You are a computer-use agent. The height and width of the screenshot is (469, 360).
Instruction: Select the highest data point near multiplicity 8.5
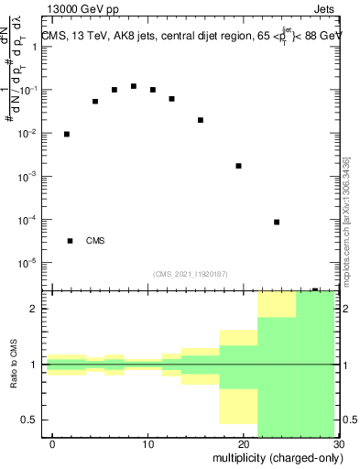(134, 86)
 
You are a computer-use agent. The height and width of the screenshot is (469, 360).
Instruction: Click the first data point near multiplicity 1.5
(67, 134)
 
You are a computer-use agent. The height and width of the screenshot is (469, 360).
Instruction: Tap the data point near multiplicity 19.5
(238, 166)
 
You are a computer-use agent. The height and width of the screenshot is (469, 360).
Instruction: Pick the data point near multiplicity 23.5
(277, 222)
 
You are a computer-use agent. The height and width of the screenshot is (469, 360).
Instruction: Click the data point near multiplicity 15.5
(201, 120)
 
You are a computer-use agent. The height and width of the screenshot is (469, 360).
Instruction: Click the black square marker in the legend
(71, 241)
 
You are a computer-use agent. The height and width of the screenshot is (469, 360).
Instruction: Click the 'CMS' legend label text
(95, 241)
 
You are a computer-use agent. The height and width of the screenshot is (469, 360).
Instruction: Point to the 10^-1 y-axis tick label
(29, 91)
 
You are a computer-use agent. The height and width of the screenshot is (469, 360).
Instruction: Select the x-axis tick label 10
(147, 444)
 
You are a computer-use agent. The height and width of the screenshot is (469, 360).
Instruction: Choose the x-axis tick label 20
(243, 444)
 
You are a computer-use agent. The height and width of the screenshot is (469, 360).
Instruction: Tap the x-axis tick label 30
(337, 444)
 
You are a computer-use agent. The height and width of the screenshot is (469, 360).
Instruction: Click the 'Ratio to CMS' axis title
(12, 365)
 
